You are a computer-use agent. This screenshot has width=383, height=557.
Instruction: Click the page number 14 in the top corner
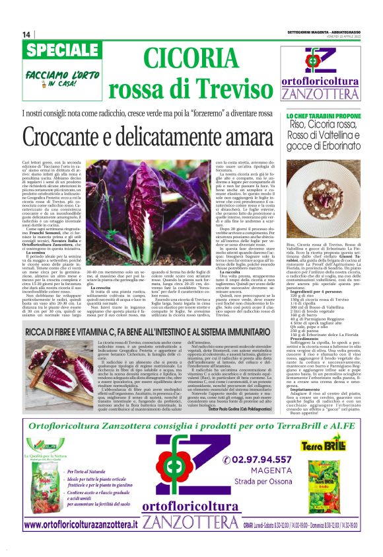pos(26,34)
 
